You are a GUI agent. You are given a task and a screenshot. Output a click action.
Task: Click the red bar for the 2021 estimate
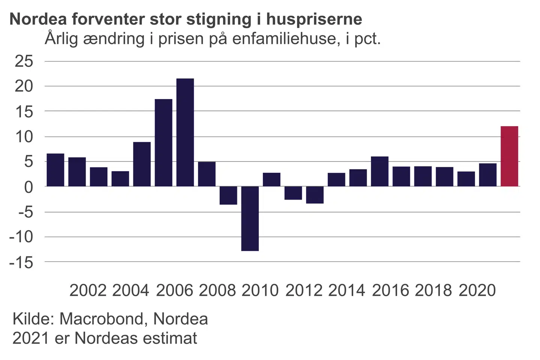pos(509,156)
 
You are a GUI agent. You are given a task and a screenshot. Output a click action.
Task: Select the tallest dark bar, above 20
pos(185,132)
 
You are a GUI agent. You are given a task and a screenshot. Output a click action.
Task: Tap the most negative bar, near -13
pos(250,218)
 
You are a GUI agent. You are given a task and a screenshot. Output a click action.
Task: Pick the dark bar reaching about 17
pos(163,142)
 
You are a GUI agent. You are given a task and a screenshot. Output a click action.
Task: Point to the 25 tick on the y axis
pos(24,61)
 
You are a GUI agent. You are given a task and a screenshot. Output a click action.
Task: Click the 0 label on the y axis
pos(28,187)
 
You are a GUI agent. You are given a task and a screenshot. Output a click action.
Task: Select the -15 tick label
pos(21,262)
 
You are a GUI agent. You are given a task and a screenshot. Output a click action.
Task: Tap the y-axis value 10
pos(24,137)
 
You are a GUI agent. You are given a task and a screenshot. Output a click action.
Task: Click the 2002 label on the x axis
pos(88,291)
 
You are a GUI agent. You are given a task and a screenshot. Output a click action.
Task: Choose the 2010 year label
pos(260,291)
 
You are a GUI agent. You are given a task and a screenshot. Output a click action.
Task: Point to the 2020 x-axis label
pos(477,291)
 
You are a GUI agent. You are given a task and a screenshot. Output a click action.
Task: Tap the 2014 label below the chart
pos(346,291)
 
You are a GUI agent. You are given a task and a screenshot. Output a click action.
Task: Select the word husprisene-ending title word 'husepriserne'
pos(314,19)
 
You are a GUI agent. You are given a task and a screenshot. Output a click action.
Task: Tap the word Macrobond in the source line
pos(102,319)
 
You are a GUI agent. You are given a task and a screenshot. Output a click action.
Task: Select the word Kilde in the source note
pos(34,319)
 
